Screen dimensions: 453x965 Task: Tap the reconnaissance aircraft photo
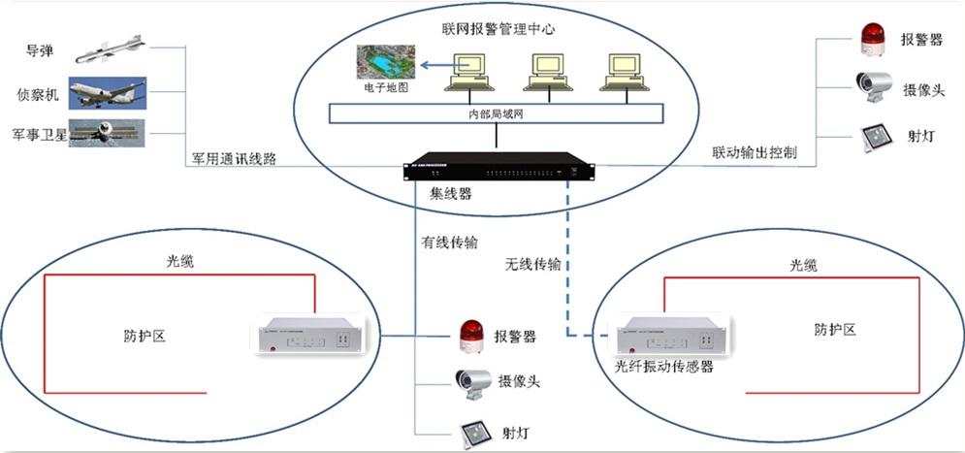tap(107, 93)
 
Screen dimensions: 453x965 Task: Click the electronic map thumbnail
tap(385, 63)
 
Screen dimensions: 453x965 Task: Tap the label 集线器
tap(451, 194)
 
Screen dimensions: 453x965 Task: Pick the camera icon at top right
tap(873, 85)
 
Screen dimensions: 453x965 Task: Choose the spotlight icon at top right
tap(874, 136)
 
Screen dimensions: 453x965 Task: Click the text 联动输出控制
tap(754, 153)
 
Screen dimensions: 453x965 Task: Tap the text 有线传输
tap(448, 243)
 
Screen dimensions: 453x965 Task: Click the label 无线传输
tap(532, 263)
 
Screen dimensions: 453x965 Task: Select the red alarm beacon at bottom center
tap(470, 337)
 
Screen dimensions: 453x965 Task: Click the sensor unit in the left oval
tap(306, 336)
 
